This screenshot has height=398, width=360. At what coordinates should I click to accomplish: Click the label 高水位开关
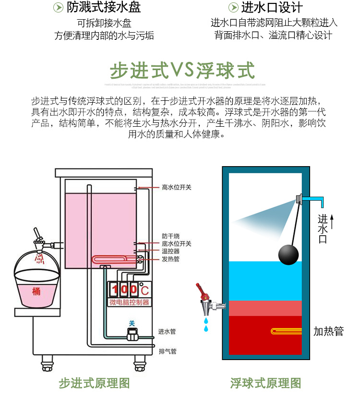click(x=176, y=187)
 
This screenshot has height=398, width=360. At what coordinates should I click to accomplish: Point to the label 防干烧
click(x=170, y=236)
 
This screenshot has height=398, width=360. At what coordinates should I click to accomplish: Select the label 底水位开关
click(x=176, y=244)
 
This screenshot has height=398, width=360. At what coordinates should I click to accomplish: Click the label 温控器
click(x=170, y=251)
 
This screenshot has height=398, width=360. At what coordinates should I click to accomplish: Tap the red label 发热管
click(x=170, y=259)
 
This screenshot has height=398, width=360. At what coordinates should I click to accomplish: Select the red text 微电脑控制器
click(x=126, y=302)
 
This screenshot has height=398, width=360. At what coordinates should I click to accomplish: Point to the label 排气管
click(x=167, y=351)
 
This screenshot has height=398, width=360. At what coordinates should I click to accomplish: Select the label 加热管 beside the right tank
click(x=328, y=331)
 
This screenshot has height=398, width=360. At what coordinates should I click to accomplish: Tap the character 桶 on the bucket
click(x=36, y=291)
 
